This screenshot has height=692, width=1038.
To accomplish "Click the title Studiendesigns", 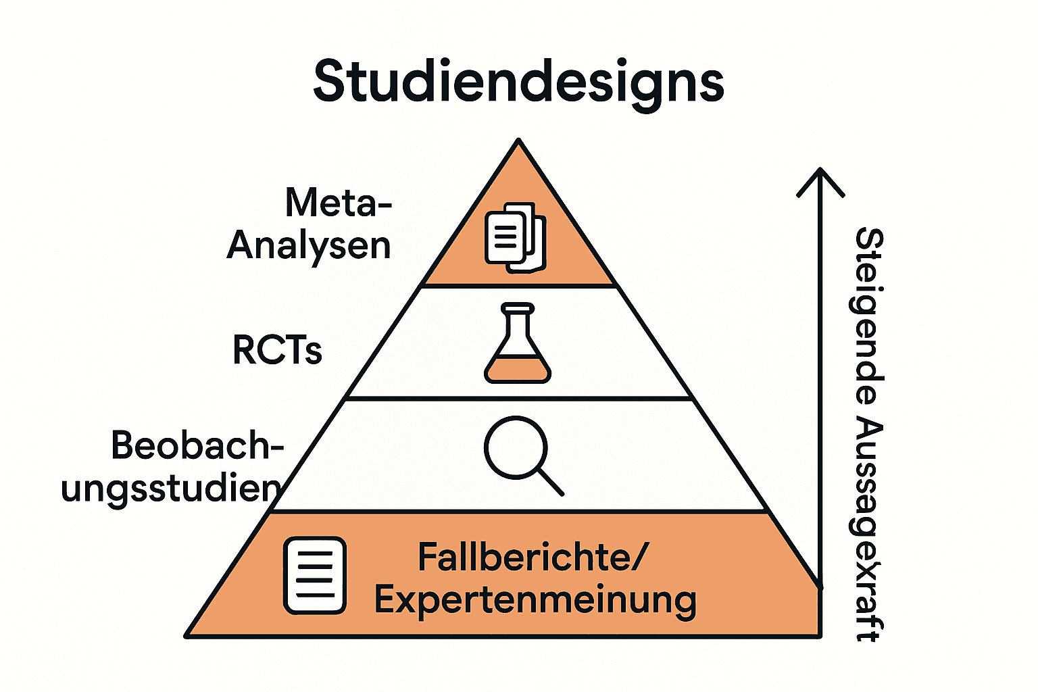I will point(518,82).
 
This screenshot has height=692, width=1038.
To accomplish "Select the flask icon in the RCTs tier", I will point(518,344).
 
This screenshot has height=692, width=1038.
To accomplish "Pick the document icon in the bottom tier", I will point(315,576).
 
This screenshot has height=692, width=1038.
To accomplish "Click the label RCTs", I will point(277,350).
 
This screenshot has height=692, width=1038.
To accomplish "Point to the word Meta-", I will point(338,202).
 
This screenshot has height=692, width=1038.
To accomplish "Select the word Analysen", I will point(309,245).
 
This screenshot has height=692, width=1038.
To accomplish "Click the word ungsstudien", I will point(171,488).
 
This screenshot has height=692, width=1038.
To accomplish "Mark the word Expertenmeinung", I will point(535,600).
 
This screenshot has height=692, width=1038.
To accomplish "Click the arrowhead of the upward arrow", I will point(820,174).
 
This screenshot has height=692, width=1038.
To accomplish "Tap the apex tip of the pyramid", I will point(518,141).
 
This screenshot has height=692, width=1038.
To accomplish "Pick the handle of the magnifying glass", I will point(550,482).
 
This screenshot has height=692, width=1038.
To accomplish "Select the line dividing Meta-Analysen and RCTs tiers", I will point(518,287).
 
